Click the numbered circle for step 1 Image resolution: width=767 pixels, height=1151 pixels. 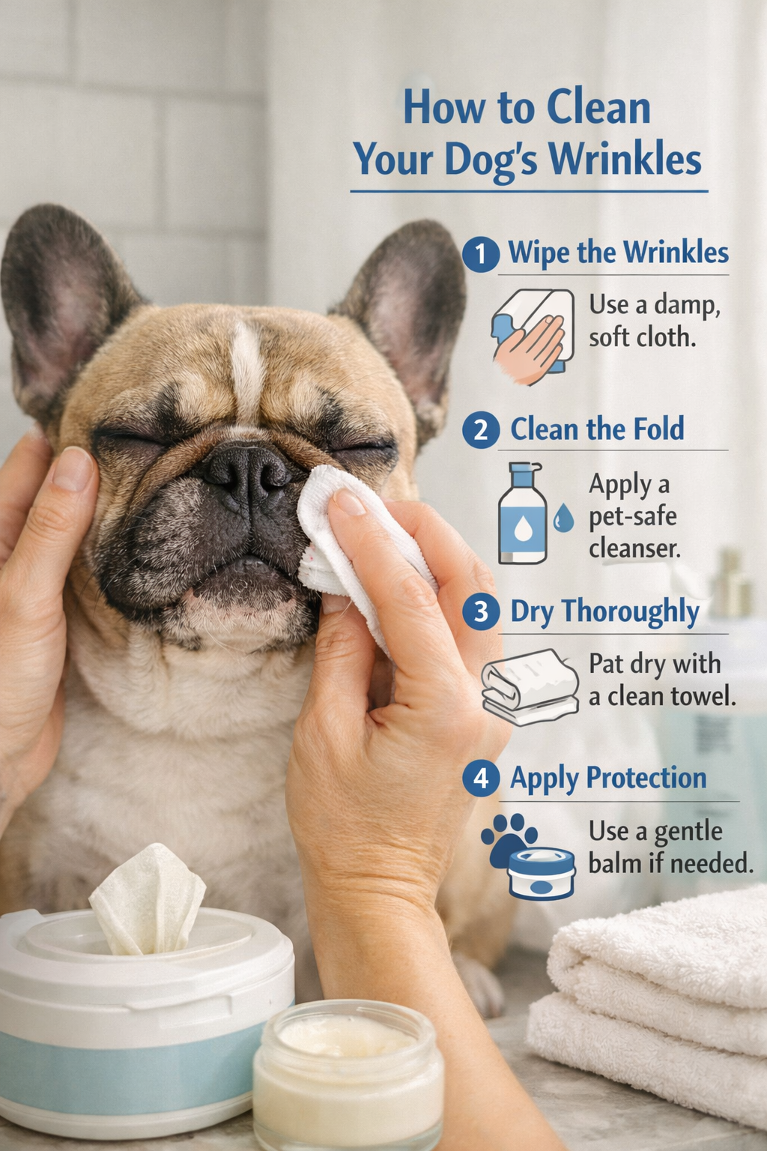click(480, 254)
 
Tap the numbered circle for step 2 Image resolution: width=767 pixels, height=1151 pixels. click(480, 430)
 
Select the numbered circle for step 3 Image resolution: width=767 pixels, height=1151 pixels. click(480, 612)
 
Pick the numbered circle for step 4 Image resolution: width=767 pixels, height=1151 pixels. click(480, 779)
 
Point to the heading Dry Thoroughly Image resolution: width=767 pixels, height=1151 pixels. click(604, 611)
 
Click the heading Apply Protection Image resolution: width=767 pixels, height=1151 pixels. click(608, 778)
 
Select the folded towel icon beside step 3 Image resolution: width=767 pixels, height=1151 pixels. click(530, 687)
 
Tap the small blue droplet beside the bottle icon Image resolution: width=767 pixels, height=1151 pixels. click(563, 518)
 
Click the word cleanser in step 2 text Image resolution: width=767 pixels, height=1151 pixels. click(634, 549)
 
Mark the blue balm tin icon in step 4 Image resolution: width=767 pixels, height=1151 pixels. click(541, 874)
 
